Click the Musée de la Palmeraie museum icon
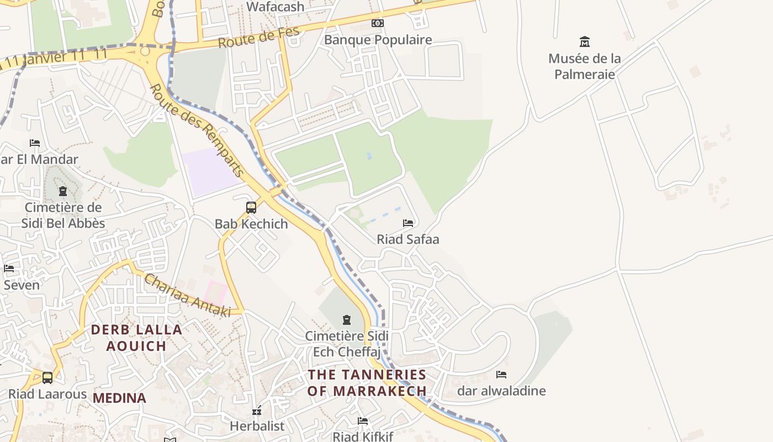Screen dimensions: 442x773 [x=584, y=41]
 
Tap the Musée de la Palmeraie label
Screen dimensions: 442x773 [x=584, y=66]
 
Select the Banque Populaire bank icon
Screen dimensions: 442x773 [x=378, y=23]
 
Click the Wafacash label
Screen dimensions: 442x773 [x=276, y=7]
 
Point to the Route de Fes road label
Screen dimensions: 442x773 [x=258, y=36]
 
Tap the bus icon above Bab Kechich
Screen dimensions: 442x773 [x=251, y=208]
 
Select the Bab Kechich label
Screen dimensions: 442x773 [x=251, y=224]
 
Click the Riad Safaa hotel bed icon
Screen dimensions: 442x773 [x=408, y=223]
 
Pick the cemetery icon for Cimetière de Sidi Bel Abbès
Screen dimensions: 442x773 [x=63, y=191]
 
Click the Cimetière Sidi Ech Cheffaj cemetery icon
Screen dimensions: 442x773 [x=347, y=320]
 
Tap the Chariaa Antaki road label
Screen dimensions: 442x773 [x=187, y=296]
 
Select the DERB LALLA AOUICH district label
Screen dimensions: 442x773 [x=136, y=338]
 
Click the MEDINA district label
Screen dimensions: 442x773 [x=119, y=398]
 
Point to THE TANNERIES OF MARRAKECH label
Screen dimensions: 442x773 [x=367, y=382]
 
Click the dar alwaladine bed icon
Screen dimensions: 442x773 [x=501, y=375]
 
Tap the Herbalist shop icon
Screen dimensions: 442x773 [x=257, y=411]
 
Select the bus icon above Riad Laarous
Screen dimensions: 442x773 [x=47, y=378]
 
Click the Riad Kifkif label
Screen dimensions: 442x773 [x=363, y=436]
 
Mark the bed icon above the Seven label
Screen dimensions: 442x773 [x=9, y=269]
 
